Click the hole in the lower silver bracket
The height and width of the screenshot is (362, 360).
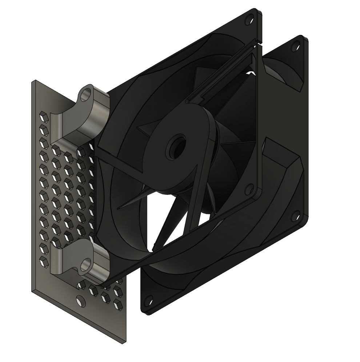coord(85,264)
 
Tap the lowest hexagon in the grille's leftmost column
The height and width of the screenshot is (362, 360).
coord(44,260)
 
